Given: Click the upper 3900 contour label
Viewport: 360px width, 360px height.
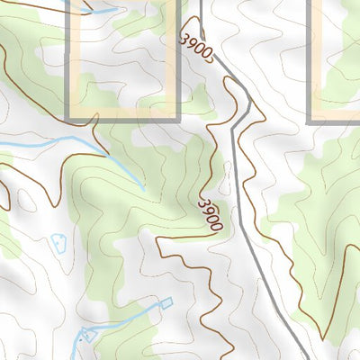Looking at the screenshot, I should click(195, 49).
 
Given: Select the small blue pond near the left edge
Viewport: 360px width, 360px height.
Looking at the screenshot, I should click(59, 243).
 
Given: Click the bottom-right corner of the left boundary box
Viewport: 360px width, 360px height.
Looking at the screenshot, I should click(178, 120).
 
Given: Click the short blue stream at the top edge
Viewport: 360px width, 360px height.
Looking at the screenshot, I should click(99, 11).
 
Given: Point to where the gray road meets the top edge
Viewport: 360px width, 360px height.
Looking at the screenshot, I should click(202, 2).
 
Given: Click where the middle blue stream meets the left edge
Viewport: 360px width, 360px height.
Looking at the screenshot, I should click(2, 145).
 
